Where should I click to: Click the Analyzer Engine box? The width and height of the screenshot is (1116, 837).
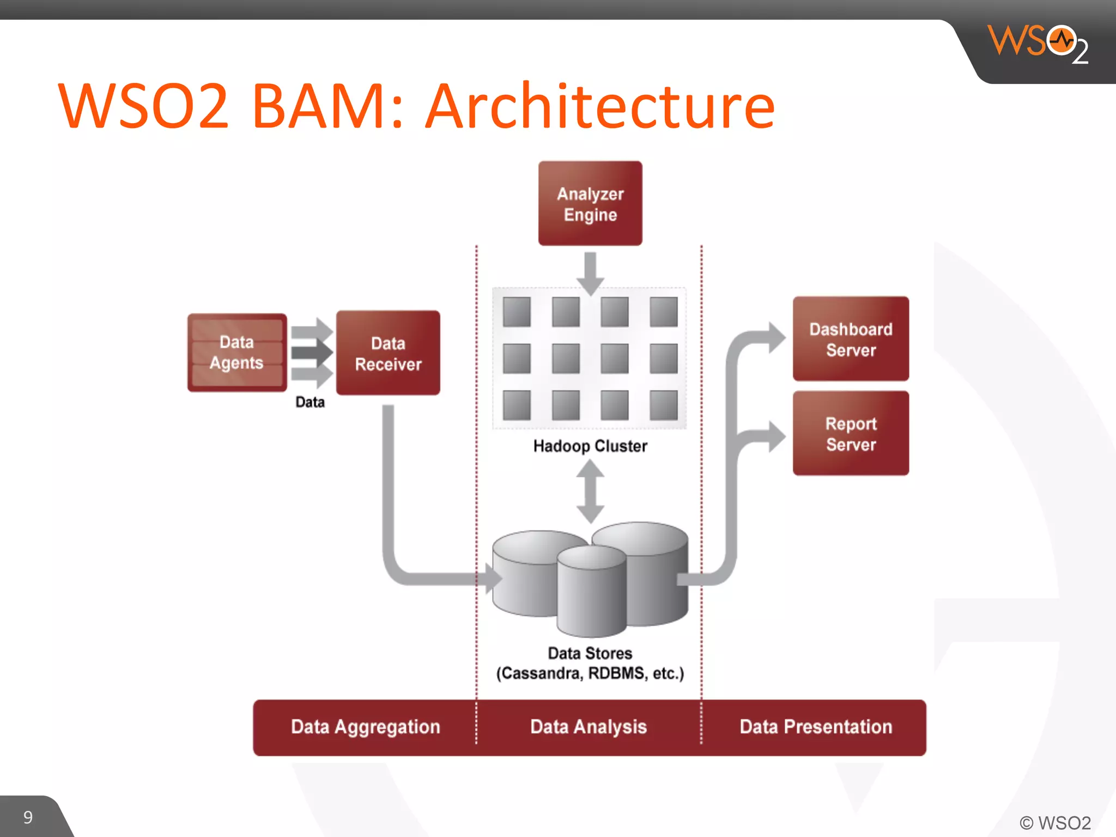[590, 203]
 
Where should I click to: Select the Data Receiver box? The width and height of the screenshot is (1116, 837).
[388, 353]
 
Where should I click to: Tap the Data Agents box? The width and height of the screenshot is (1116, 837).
[237, 353]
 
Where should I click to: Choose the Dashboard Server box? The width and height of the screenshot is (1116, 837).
[851, 339]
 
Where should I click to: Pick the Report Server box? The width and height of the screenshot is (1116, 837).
[851, 433]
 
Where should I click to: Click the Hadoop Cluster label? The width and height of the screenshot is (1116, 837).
[590, 446]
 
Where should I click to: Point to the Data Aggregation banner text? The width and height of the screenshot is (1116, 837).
[365, 727]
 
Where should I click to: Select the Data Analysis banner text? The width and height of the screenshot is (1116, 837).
[589, 727]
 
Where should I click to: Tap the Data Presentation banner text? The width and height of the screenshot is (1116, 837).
[816, 727]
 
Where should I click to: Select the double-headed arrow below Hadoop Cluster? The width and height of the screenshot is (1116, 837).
[590, 492]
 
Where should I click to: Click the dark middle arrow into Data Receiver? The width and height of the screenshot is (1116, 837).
[312, 352]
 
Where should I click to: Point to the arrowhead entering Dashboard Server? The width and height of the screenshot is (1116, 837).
[776, 337]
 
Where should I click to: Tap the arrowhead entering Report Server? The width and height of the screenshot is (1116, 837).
[776, 436]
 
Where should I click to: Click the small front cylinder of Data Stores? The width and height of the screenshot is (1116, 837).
[591, 594]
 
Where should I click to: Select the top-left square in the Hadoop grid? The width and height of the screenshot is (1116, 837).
[517, 312]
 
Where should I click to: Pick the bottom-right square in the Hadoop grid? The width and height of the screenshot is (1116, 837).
[664, 405]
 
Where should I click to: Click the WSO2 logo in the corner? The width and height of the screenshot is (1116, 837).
[1038, 44]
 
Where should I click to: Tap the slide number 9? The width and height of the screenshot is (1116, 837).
[28, 817]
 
